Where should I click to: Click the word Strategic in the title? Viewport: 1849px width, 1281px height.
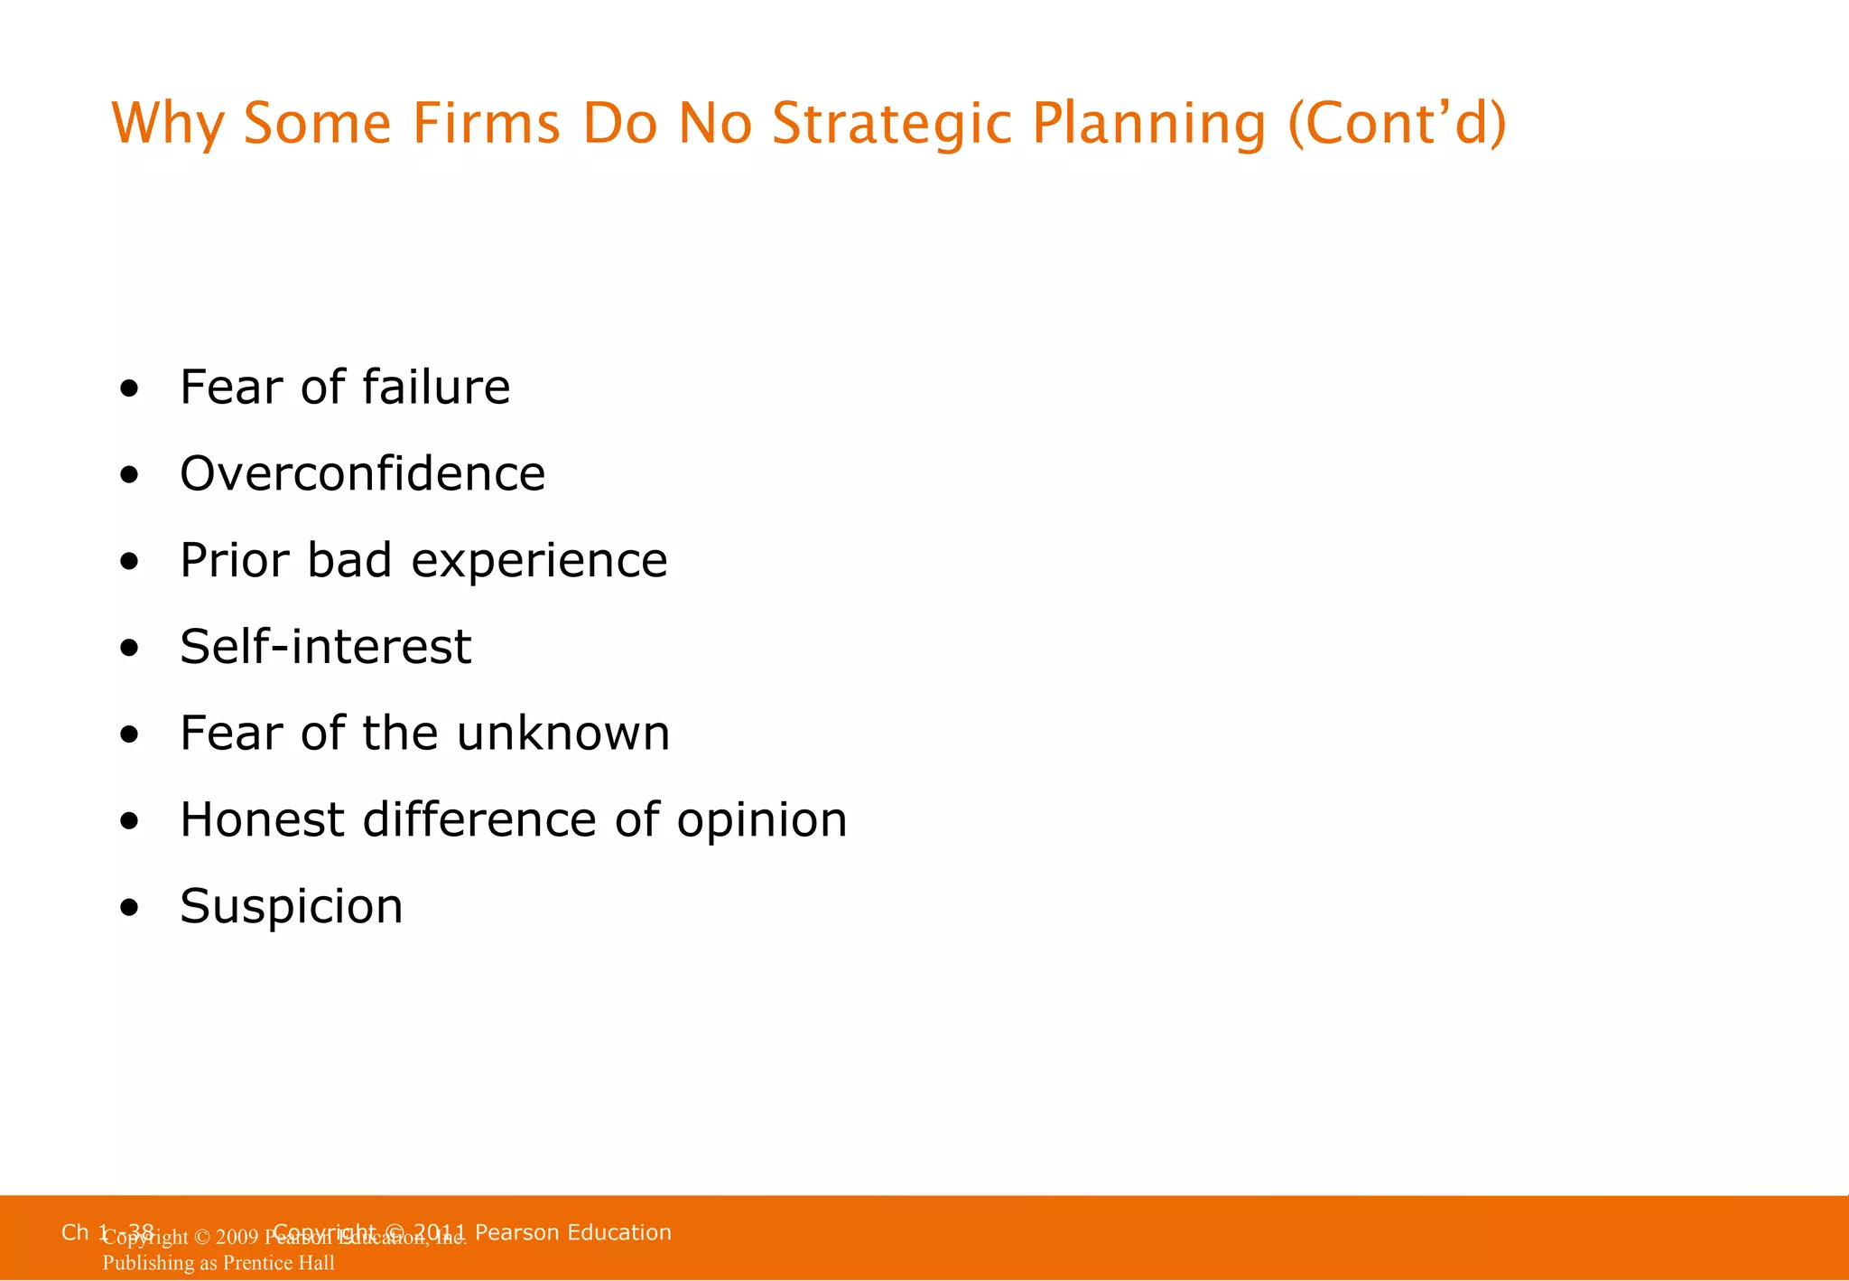[891, 124]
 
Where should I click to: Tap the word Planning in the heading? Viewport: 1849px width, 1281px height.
[1148, 124]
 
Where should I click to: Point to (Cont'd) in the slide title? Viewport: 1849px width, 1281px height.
[1397, 124]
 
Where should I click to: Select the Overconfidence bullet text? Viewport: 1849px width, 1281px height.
[362, 473]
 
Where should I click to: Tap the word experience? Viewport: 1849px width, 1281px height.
[539, 561]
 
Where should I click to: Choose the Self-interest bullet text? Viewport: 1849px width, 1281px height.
[325, 647]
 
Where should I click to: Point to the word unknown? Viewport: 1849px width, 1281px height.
[563, 733]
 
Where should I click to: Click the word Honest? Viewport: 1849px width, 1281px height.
[262, 819]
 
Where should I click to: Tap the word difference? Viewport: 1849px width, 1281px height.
[479, 819]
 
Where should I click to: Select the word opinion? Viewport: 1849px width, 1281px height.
[762, 821]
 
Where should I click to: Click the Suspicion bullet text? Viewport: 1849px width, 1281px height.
[291, 906]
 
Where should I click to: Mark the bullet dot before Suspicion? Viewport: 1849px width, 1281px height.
[130, 908]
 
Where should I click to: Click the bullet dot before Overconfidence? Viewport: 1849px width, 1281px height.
[130, 475]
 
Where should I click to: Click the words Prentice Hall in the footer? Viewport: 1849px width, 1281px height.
[278, 1263]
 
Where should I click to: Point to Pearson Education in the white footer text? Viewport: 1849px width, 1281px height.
[572, 1232]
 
